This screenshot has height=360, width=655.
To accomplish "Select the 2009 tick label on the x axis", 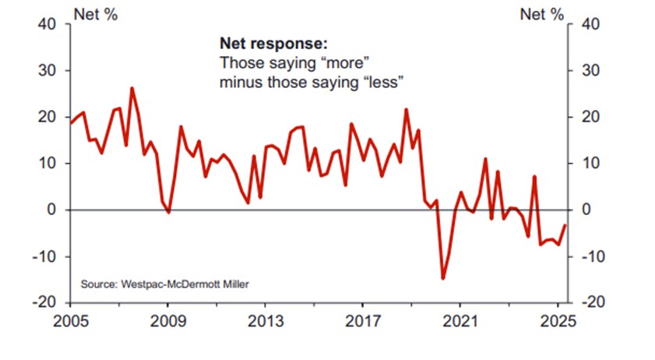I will [168, 321].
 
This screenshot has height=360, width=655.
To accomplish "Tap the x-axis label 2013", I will [266, 321].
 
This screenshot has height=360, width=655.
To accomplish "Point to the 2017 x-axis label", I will [362, 321].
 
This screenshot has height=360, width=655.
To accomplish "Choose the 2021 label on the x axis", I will [460, 321].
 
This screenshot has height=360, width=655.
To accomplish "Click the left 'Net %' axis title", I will [95, 14].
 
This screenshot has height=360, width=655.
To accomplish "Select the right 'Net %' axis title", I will [541, 14].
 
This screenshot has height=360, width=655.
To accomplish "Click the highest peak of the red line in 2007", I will [132, 88].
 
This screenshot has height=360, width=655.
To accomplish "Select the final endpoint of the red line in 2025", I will [565, 225].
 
